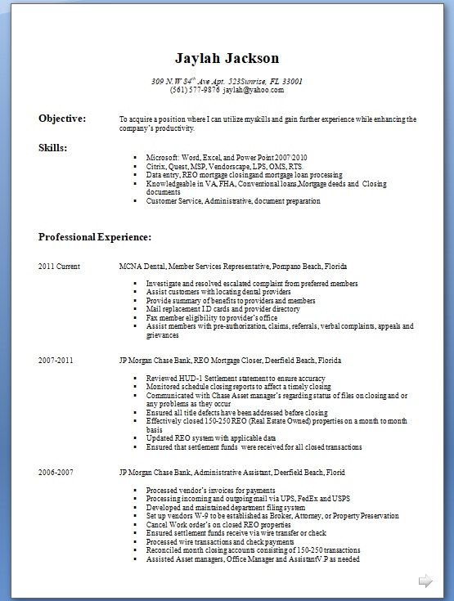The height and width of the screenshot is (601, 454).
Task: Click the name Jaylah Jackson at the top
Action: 227,58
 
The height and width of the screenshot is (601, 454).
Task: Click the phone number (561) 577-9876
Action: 195,90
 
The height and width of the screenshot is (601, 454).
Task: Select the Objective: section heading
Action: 62,119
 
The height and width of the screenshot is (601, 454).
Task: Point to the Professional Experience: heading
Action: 94,237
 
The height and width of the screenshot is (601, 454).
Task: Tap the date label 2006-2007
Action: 55,473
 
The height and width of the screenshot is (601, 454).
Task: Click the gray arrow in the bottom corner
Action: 425,581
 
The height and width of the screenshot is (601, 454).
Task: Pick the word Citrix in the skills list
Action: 155,166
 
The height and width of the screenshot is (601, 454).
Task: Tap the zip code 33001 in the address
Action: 292,81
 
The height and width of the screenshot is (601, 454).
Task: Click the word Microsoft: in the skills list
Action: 162,157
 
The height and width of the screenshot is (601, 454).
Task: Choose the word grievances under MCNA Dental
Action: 162,335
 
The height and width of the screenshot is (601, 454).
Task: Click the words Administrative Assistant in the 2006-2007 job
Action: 227,473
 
